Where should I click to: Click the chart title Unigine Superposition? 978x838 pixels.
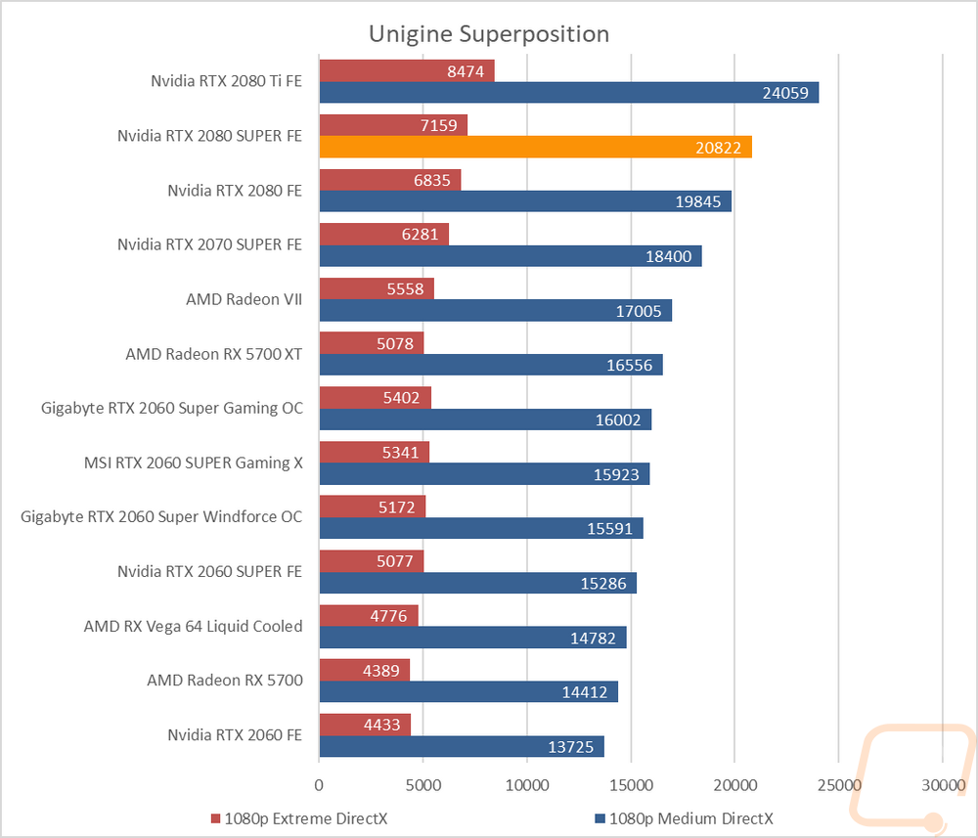click(x=489, y=33)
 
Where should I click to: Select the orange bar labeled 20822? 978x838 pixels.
click(x=536, y=147)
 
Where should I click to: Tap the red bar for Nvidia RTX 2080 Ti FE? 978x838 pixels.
click(x=407, y=71)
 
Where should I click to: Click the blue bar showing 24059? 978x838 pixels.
click(x=569, y=92)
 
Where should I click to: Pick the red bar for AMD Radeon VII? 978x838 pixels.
click(x=377, y=288)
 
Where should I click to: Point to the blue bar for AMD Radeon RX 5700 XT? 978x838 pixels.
click(x=492, y=365)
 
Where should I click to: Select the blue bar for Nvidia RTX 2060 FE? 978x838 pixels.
click(x=463, y=746)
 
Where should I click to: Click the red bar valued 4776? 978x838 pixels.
click(x=370, y=615)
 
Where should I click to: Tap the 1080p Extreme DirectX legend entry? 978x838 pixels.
click(x=299, y=818)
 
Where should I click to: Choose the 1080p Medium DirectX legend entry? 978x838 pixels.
click(x=685, y=818)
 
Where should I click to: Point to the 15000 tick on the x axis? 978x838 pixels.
click(x=631, y=785)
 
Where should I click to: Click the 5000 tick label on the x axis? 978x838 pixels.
click(x=423, y=785)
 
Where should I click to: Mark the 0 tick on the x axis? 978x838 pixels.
click(x=320, y=785)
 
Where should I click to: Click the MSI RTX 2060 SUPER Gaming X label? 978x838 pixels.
click(x=194, y=463)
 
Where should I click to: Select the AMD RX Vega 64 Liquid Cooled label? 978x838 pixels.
click(x=194, y=626)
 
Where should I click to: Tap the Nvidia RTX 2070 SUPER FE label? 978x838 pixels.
click(x=209, y=244)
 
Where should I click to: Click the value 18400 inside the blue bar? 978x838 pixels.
click(x=669, y=256)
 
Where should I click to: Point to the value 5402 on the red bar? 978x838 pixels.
click(x=402, y=398)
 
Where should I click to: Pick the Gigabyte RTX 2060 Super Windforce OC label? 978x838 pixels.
click(x=161, y=517)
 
